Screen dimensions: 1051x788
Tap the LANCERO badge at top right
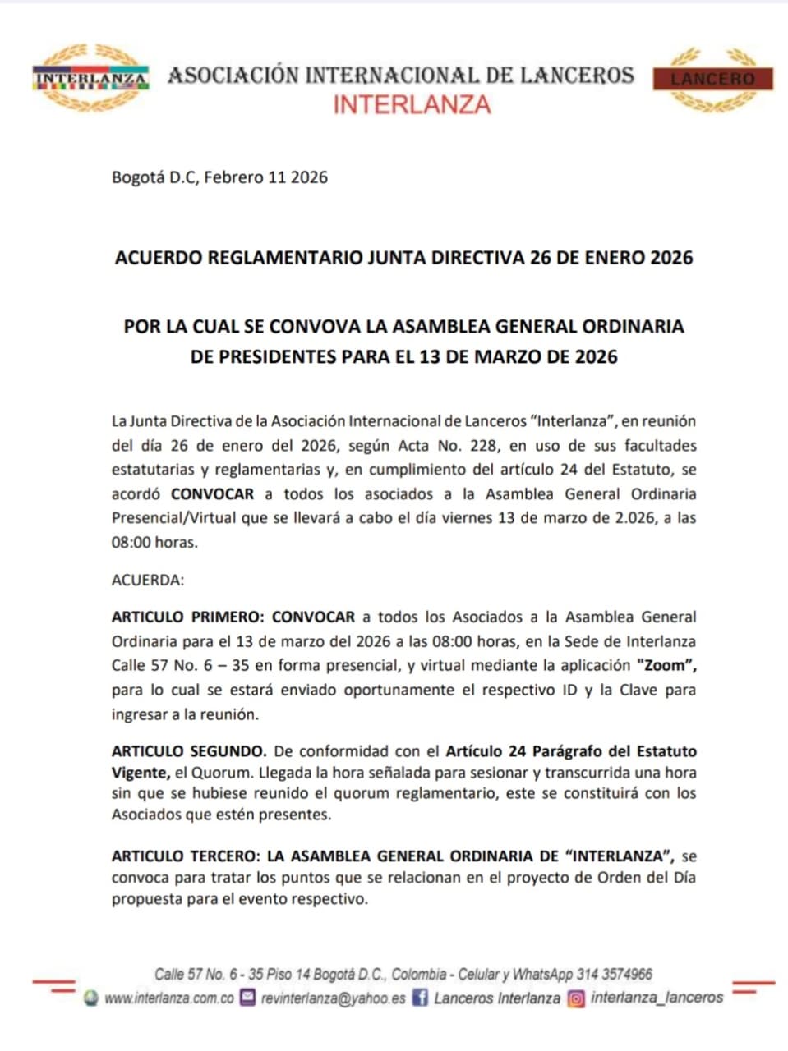[712, 80]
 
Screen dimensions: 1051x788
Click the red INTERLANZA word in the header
[412, 105]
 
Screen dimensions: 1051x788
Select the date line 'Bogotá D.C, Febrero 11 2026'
[219, 177]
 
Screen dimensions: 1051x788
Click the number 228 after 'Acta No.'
[483, 446]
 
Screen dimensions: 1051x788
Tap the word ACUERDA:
[148, 580]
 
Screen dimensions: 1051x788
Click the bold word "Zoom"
[666, 665]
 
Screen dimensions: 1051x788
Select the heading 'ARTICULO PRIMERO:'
[188, 617]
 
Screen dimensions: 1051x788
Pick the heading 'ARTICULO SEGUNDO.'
[189, 751]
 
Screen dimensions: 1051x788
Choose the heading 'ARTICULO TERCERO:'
[186, 856]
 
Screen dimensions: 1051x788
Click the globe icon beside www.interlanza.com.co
[91, 998]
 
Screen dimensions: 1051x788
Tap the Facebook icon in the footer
[420, 998]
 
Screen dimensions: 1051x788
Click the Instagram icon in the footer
[577, 998]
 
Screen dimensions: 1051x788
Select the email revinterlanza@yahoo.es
[333, 998]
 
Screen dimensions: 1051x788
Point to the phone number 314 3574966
[615, 975]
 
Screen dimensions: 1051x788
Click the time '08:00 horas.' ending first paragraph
[154, 543]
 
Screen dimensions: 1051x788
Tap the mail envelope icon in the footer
[247, 998]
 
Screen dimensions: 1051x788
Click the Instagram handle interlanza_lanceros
[657, 998]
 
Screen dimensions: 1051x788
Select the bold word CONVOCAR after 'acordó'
[212, 494]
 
